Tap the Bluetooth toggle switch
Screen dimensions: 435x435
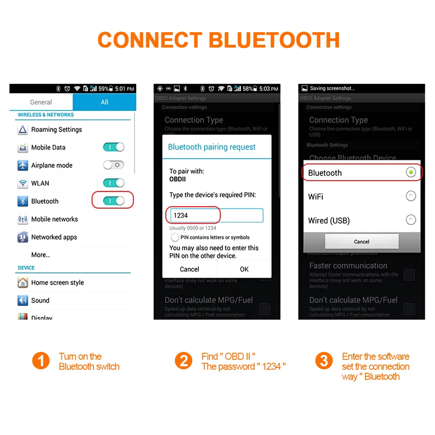click(114, 201)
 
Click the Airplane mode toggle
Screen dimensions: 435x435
click(114, 165)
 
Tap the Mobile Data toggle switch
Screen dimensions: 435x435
click(114, 147)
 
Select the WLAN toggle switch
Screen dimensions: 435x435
click(114, 183)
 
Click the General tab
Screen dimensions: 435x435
click(41, 102)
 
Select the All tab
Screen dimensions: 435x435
click(104, 102)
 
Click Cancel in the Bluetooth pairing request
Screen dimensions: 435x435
click(190, 269)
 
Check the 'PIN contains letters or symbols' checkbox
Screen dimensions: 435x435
click(175, 238)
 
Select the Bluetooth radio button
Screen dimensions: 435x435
click(411, 173)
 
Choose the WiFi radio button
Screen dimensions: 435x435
click(411, 197)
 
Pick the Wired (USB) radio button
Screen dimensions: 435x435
click(411, 220)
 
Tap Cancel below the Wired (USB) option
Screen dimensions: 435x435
click(361, 241)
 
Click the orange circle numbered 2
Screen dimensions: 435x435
click(184, 361)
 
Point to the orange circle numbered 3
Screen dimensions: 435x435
click(324, 361)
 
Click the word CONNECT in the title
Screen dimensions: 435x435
click(150, 40)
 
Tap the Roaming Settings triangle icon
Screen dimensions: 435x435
click(23, 130)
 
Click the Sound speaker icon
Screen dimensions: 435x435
click(23, 301)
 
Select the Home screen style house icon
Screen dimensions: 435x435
click(23, 283)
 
